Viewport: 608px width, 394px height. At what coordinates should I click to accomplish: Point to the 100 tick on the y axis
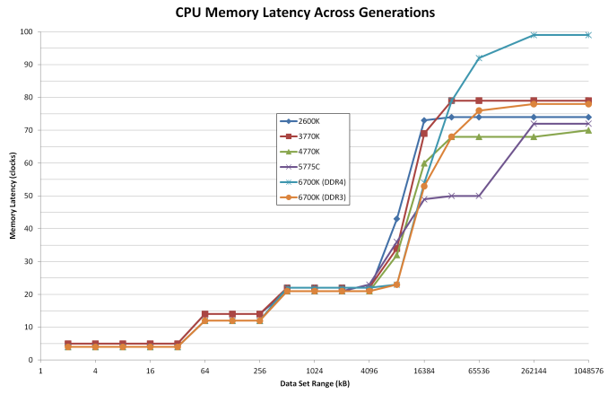pyautogui.click(x=28, y=32)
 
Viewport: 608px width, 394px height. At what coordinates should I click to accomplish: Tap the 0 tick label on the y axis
pyautogui.click(x=31, y=360)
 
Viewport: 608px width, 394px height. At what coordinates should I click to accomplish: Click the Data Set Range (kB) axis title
pyautogui.click(x=314, y=383)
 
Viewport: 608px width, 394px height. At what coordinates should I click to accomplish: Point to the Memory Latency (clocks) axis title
pyautogui.click(x=13, y=196)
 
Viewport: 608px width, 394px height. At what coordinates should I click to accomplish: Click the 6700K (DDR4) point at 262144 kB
pyautogui.click(x=534, y=35)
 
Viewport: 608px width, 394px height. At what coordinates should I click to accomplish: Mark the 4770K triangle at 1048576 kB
pyautogui.click(x=588, y=130)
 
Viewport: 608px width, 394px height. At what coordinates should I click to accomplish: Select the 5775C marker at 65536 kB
pyautogui.click(x=479, y=196)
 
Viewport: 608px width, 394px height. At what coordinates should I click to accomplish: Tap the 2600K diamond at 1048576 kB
pyautogui.click(x=588, y=118)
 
